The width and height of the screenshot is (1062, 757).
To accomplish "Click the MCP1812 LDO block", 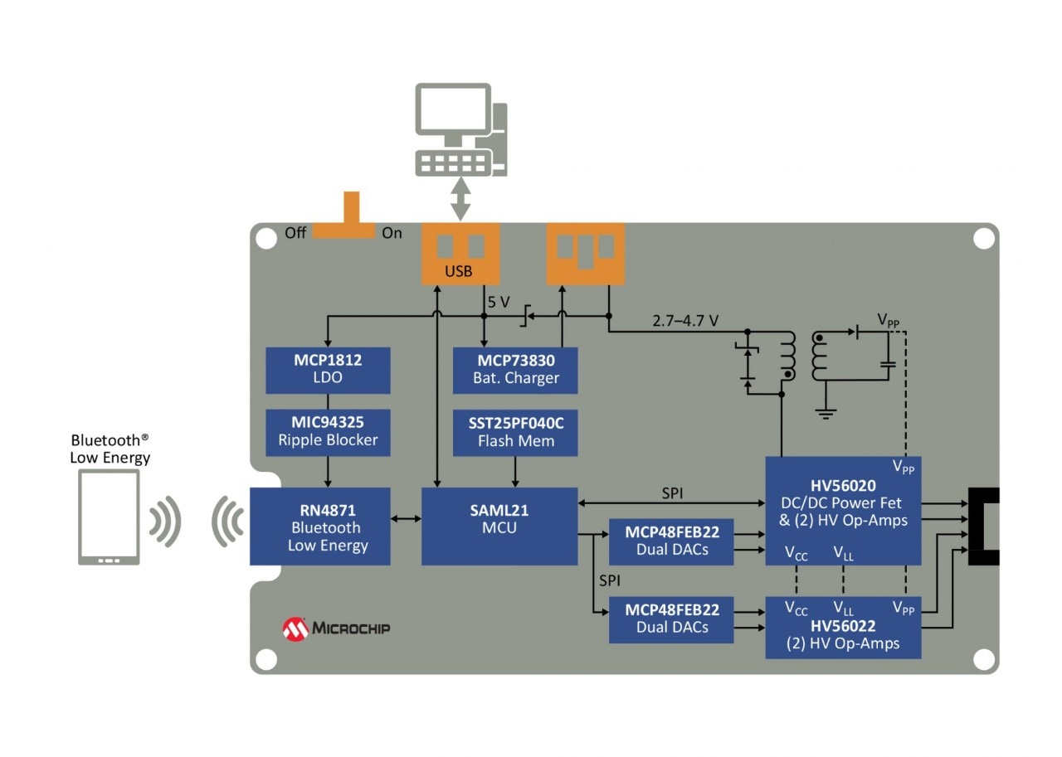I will (x=328, y=370).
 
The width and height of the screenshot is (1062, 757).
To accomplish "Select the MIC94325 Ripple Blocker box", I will (x=328, y=431).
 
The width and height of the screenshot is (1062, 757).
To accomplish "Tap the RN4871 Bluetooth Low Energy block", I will (x=319, y=527).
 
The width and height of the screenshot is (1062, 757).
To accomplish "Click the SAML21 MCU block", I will (x=499, y=527).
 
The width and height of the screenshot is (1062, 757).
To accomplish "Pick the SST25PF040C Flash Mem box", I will (x=515, y=431).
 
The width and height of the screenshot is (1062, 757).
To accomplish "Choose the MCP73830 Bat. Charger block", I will (x=515, y=370).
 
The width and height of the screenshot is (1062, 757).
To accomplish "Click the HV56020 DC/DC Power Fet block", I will (x=843, y=510).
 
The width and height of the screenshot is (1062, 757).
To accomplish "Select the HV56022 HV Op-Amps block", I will (x=843, y=628).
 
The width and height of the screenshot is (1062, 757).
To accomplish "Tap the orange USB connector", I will (x=460, y=253).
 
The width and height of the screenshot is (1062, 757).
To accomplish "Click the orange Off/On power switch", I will (x=351, y=217).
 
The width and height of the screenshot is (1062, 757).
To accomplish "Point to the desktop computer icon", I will (x=461, y=129).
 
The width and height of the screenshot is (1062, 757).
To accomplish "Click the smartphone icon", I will (x=109, y=517).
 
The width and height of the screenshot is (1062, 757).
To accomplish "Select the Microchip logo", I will (x=336, y=628).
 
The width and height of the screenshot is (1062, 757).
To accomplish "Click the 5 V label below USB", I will (x=499, y=303).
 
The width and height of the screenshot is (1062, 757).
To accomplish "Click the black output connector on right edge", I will (x=985, y=527).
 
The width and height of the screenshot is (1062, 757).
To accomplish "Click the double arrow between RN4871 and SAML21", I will (x=406, y=519).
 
